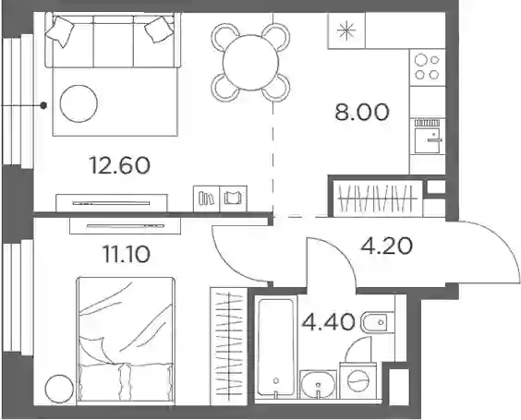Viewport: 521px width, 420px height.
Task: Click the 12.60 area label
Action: click(119, 165)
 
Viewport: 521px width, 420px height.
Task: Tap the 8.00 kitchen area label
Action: click(362, 113)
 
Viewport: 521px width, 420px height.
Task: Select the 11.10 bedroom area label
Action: click(127, 255)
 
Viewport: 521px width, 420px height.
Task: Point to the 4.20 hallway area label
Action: click(387, 246)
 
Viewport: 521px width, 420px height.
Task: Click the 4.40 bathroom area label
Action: click(328, 322)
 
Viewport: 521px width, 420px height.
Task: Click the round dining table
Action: click(251, 63)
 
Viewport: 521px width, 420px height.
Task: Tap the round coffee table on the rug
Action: click(79, 103)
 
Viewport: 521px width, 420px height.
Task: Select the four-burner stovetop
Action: click(428, 67)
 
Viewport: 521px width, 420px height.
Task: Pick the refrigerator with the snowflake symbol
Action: click(346, 30)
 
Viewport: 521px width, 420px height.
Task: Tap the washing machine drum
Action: click(358, 380)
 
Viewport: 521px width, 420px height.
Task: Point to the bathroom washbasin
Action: click(319, 384)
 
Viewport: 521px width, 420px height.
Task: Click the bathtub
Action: click(276, 347)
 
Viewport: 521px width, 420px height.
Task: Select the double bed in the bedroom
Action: click(126, 341)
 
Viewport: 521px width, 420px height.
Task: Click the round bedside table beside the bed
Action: click(59, 389)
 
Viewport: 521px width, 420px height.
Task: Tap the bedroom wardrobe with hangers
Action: click(228, 346)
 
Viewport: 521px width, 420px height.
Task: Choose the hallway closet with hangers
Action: click(378, 198)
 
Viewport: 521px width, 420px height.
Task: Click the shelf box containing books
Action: click(206, 198)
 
